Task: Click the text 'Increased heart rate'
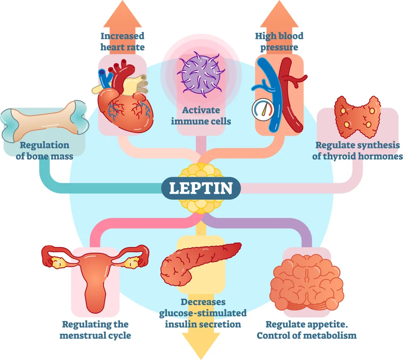pos(122,42)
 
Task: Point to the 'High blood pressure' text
pos(279,42)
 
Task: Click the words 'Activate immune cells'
pos(201,115)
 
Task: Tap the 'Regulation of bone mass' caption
pos(44,150)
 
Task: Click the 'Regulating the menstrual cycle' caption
pos(96,329)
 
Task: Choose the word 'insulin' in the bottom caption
pos(183,324)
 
